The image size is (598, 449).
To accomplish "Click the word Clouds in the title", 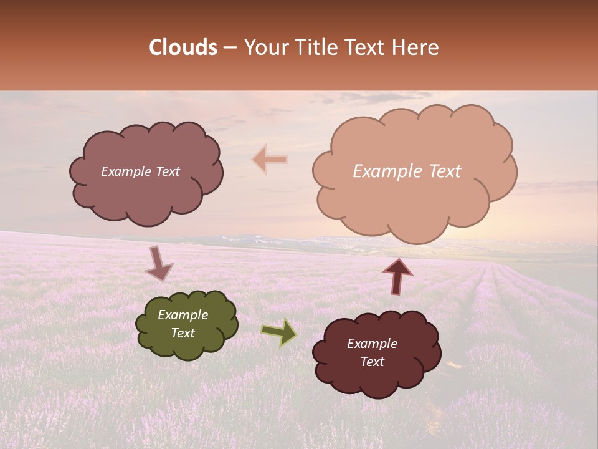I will coord(183,47).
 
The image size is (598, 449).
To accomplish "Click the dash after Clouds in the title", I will coord(230,48).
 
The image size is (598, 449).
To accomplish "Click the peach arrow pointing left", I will coord(270,160).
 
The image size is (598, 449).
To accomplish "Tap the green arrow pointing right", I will coord(279,332).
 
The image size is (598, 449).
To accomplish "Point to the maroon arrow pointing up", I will coord(397,275).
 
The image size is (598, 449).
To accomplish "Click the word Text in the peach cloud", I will coord(445,171).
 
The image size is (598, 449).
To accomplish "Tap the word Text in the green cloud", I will coord(183,333).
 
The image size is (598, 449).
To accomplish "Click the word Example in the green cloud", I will coord(183,315).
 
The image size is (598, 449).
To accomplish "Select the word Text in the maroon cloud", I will coord(373,362).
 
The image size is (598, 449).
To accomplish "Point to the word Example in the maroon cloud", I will coord(373,344).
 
